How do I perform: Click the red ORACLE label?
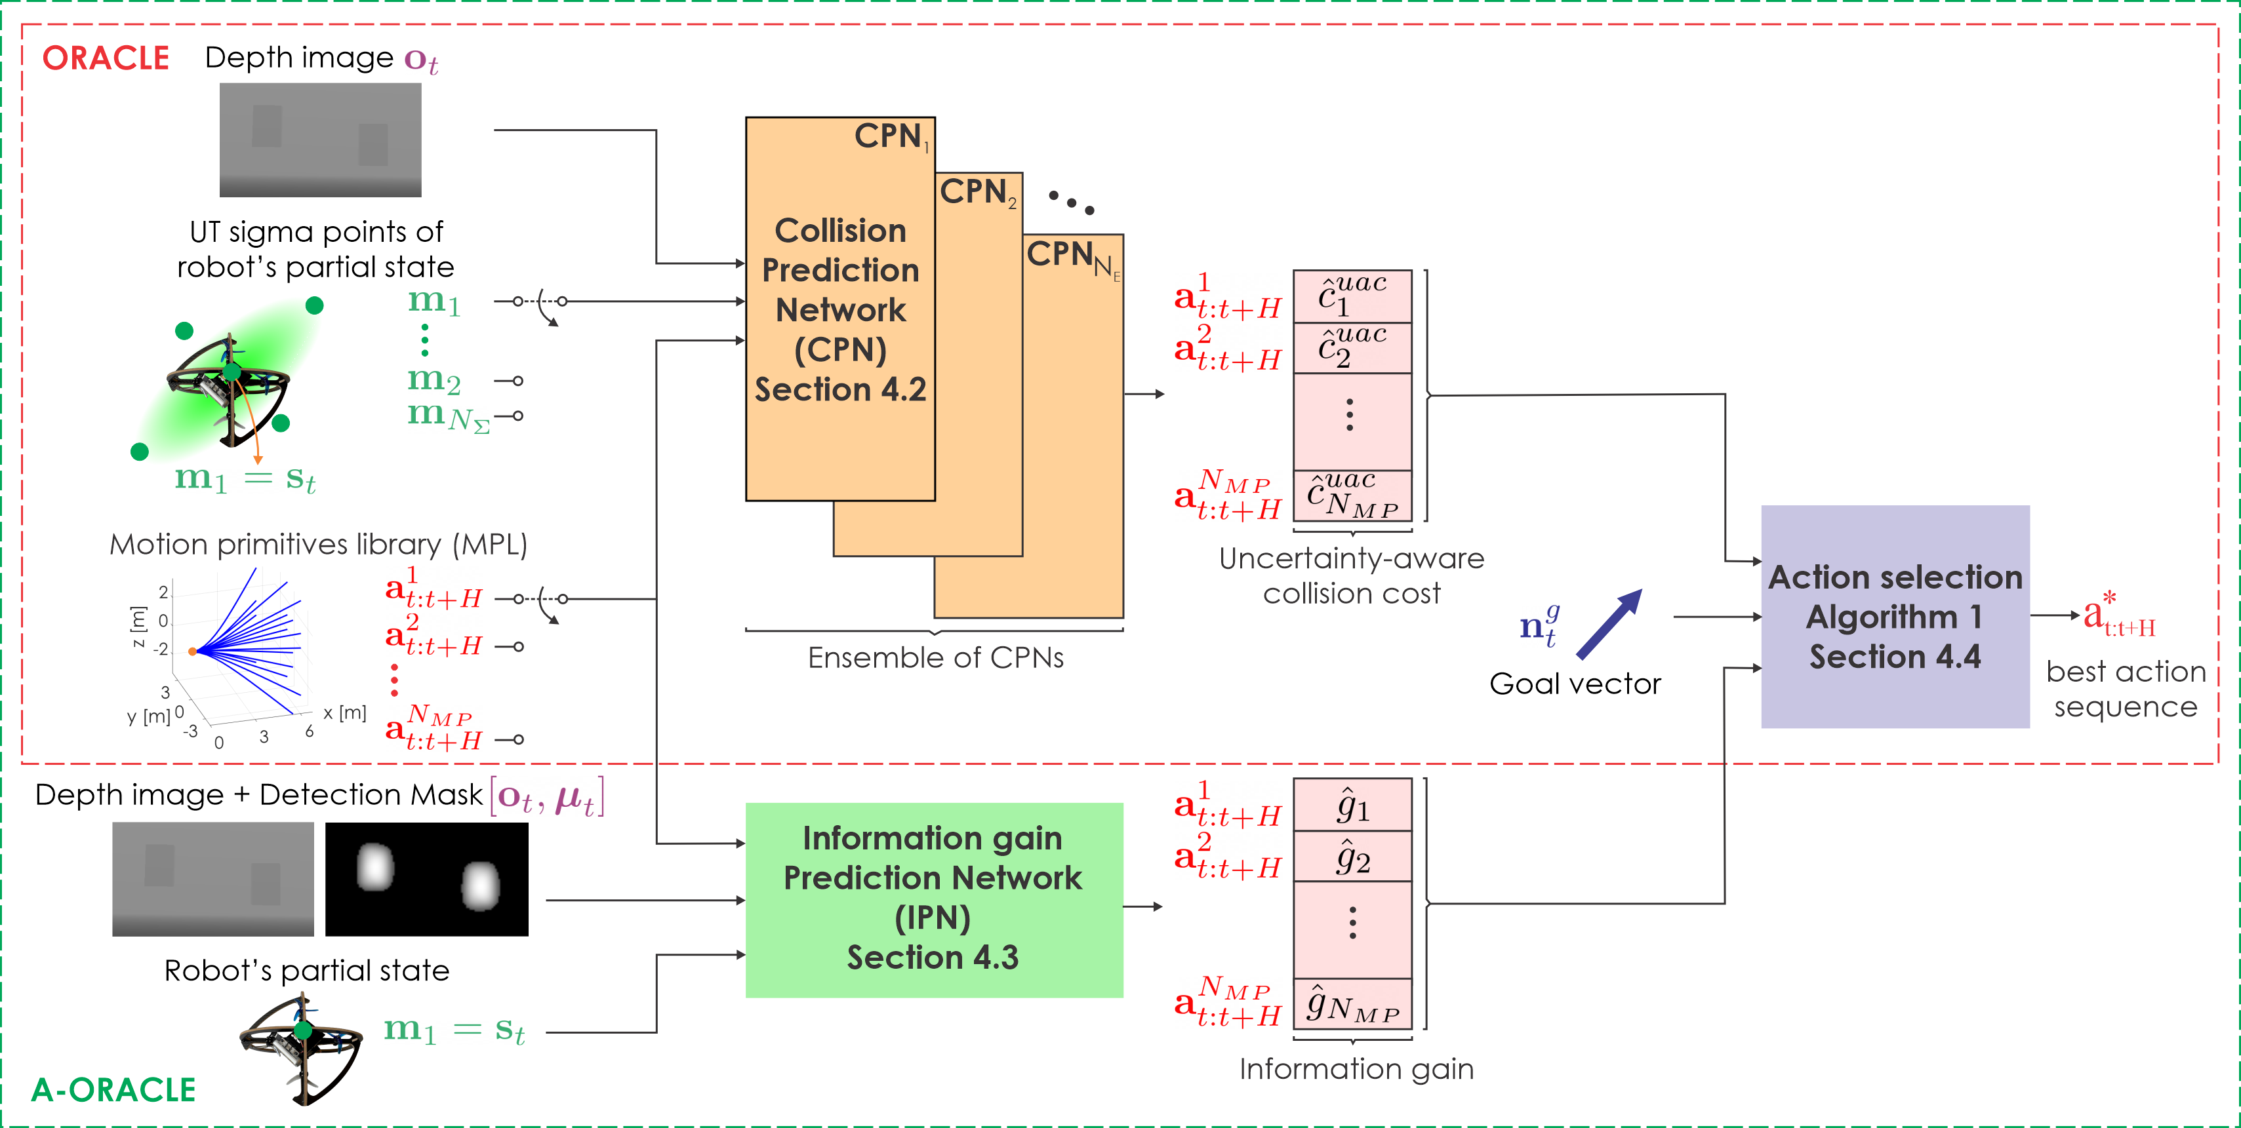coord(106,58)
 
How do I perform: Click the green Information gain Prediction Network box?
coord(933,899)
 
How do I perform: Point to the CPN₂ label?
coord(977,192)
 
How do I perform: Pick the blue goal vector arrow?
coord(1609,623)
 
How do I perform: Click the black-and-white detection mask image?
coord(426,878)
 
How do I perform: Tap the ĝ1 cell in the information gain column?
coord(1352,806)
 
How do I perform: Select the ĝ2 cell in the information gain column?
coord(1352,857)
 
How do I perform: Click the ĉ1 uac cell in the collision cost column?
coord(1352,296)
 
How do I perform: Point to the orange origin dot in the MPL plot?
coord(192,651)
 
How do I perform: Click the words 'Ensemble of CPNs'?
coord(935,657)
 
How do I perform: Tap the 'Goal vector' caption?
coord(1575,684)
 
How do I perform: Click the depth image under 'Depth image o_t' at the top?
coord(320,139)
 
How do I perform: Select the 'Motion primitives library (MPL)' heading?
coord(318,545)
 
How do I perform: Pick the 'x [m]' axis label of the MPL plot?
coord(344,713)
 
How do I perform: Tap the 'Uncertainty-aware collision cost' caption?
coord(1351,575)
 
